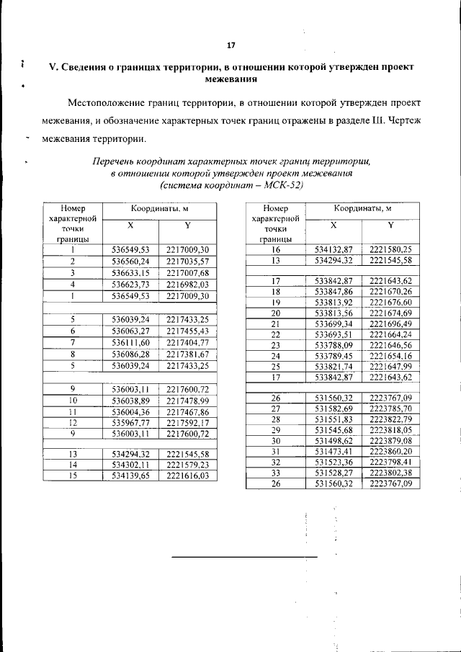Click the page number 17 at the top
click(231, 46)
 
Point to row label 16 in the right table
click(275, 249)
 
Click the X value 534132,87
click(334, 249)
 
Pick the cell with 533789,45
click(334, 355)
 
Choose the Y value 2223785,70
click(390, 408)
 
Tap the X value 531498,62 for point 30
click(334, 440)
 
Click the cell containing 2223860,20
click(390, 451)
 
